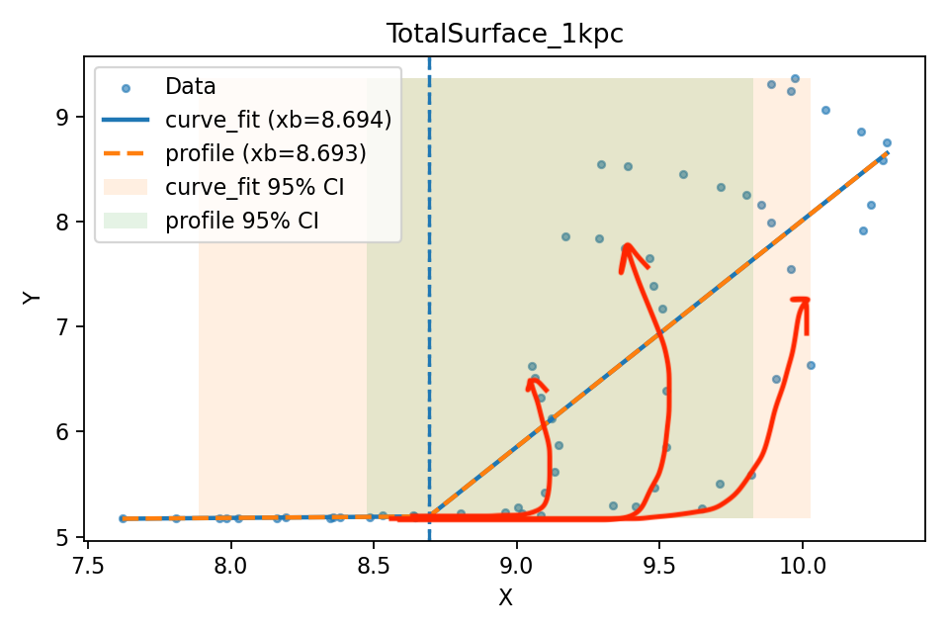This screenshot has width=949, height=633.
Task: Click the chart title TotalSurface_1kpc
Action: [504, 34]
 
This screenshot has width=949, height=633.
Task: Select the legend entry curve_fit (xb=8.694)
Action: [278, 120]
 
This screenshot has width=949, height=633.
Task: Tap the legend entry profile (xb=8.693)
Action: [265, 153]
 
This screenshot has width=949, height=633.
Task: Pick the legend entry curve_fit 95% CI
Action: [254, 187]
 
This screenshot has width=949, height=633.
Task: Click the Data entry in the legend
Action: [191, 86]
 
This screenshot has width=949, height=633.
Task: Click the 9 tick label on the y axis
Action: [63, 117]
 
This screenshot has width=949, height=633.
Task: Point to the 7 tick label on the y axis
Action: [63, 326]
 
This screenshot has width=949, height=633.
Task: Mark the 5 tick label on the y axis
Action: [63, 537]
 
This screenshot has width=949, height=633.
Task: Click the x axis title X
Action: [505, 597]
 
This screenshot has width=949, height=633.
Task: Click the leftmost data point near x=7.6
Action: [124, 518]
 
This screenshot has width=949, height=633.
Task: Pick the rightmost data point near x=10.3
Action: [887, 142]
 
